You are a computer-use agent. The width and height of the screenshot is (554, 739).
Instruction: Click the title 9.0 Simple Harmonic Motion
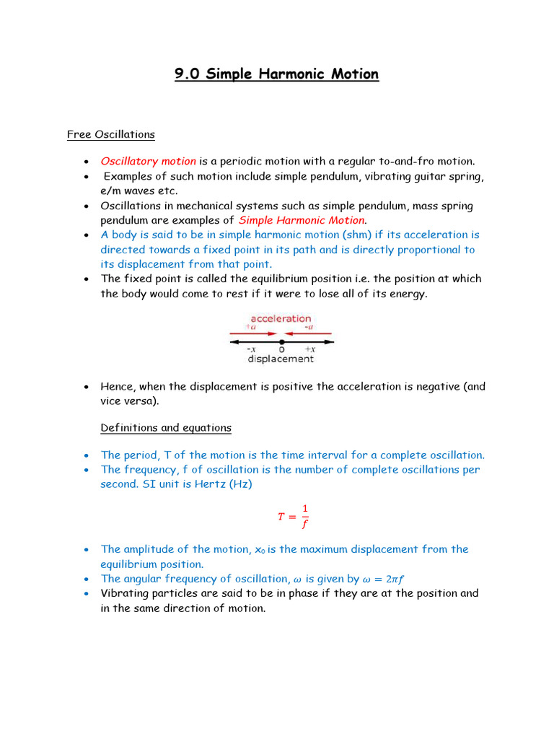(x=276, y=74)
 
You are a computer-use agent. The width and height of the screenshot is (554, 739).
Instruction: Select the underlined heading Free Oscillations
(x=110, y=134)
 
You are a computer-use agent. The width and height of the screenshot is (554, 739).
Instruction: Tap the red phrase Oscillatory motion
(x=148, y=161)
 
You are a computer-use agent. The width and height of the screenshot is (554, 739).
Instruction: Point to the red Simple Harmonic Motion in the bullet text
(x=302, y=220)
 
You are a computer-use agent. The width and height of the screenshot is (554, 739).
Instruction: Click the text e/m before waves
(x=112, y=191)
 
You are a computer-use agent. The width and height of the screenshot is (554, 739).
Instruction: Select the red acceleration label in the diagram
(x=281, y=318)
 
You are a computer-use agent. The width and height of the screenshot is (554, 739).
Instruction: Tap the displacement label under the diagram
(x=281, y=358)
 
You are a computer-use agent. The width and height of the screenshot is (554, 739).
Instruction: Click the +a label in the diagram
(x=251, y=327)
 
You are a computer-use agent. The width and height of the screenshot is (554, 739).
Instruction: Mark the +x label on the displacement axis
(x=308, y=349)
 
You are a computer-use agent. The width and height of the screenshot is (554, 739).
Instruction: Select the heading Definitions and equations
(x=166, y=427)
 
